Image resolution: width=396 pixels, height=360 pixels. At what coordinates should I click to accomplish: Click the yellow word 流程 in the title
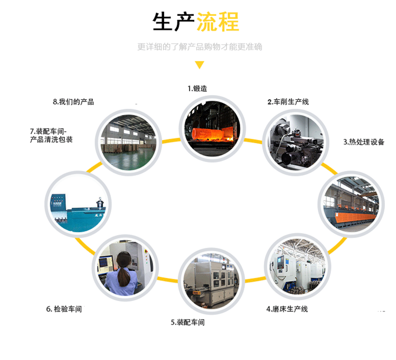[218, 22]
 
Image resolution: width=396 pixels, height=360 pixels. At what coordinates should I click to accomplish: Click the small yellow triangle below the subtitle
[199, 65]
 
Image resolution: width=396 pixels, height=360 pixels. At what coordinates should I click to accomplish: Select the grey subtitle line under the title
[200, 47]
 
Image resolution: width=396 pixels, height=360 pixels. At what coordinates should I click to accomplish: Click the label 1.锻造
[199, 89]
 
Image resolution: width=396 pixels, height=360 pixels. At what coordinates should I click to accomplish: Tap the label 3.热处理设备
[364, 141]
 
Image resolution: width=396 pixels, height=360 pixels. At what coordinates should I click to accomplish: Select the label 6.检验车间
[64, 309]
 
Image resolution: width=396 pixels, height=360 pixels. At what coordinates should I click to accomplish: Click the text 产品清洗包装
[51, 140]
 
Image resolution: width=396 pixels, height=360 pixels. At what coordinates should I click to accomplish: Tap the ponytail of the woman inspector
[124, 275]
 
